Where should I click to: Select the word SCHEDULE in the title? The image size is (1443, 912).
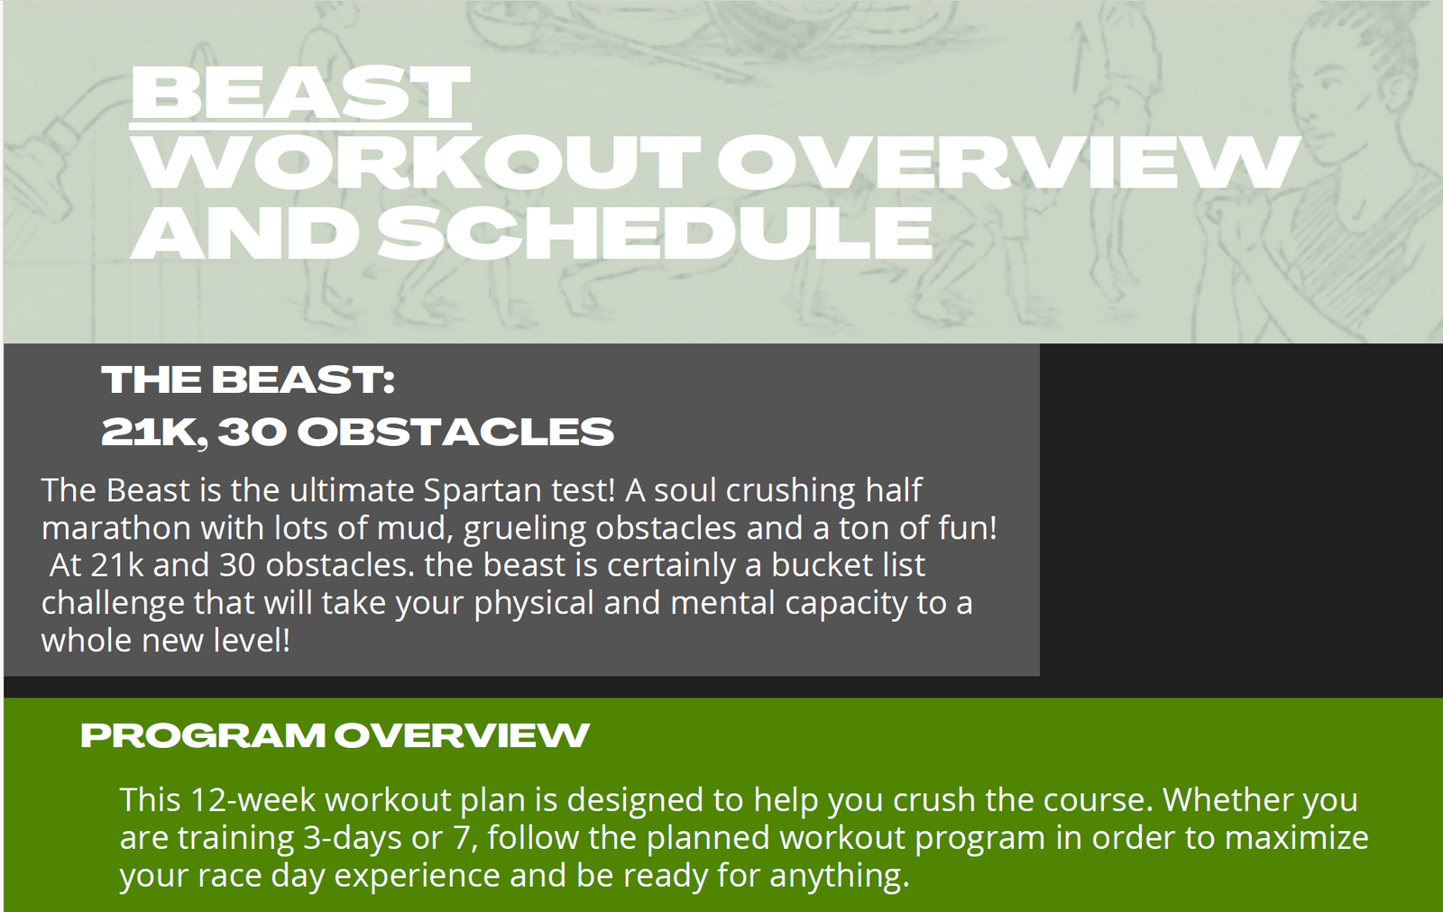pos(655,233)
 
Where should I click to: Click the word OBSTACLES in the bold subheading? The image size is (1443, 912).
pos(455,432)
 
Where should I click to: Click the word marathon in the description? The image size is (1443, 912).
pos(116,528)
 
